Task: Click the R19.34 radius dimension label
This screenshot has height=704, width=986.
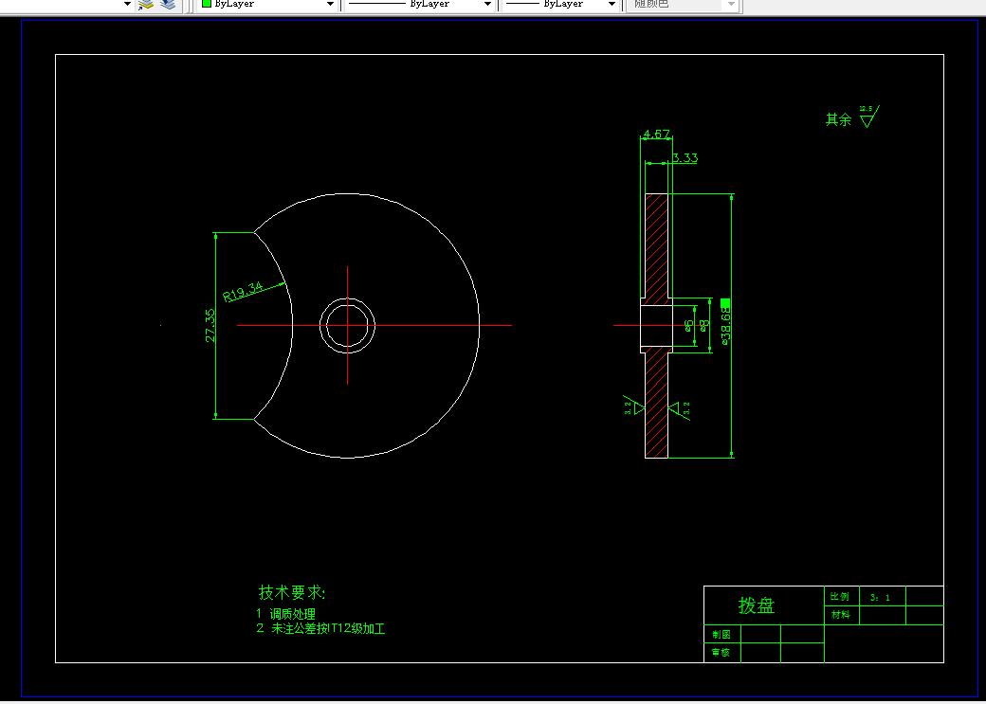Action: click(243, 290)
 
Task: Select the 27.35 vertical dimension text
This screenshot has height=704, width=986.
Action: click(210, 325)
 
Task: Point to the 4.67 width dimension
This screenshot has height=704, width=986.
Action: click(656, 135)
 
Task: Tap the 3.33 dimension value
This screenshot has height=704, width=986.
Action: click(685, 158)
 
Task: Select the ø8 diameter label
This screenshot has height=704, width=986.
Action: click(704, 325)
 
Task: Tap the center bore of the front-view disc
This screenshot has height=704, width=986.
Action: click(347, 325)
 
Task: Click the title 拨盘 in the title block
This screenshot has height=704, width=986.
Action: click(757, 605)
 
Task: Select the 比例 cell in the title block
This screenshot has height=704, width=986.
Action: click(840, 597)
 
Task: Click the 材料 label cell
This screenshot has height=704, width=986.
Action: click(840, 615)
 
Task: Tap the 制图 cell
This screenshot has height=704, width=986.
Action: click(721, 634)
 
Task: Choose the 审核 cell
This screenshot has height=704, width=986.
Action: click(721, 652)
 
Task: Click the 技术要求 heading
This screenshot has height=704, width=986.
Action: click(292, 592)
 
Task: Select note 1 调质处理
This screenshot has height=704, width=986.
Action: click(285, 614)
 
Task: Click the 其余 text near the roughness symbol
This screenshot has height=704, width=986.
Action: click(838, 120)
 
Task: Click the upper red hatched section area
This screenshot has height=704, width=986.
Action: click(657, 246)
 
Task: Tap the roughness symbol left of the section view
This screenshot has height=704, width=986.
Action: click(631, 406)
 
